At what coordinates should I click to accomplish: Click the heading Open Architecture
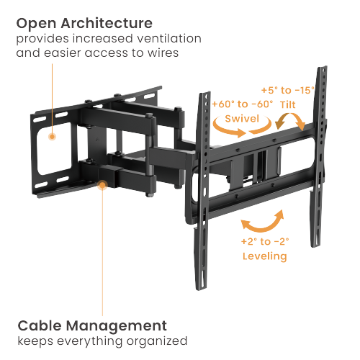[84, 23]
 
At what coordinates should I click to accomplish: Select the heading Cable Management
[91, 325]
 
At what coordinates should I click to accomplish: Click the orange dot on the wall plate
[52, 135]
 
